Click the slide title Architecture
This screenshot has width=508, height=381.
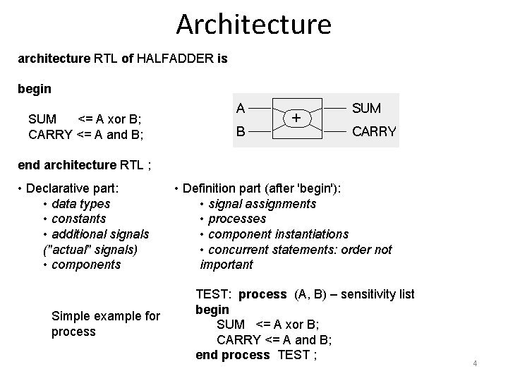253,24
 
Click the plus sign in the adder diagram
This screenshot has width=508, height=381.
297,118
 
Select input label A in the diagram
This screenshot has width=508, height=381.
241,108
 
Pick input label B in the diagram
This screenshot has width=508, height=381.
241,131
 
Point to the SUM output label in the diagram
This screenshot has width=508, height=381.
366,108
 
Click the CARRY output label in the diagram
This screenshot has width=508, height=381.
374,131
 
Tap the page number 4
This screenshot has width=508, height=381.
476,363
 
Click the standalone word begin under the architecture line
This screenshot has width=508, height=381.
35,90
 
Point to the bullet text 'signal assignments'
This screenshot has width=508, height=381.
262,204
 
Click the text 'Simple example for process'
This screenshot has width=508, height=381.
106,323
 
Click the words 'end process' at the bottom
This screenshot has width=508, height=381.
232,355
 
